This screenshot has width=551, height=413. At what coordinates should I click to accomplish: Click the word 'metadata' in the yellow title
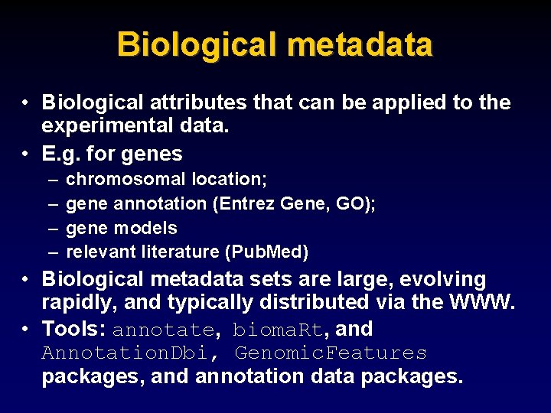point(358,45)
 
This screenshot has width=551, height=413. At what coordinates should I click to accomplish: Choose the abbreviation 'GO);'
point(356,204)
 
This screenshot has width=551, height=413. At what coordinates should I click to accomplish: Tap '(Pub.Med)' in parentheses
point(271,252)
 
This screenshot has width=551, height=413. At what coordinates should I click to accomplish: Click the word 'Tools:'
point(73,330)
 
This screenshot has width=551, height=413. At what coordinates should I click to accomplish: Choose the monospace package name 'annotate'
point(163,330)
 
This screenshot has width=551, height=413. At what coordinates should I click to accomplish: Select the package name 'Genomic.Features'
point(331,353)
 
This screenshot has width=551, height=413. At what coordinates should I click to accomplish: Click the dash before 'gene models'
point(51,228)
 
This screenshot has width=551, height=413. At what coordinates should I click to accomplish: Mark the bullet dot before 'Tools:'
point(26,330)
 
